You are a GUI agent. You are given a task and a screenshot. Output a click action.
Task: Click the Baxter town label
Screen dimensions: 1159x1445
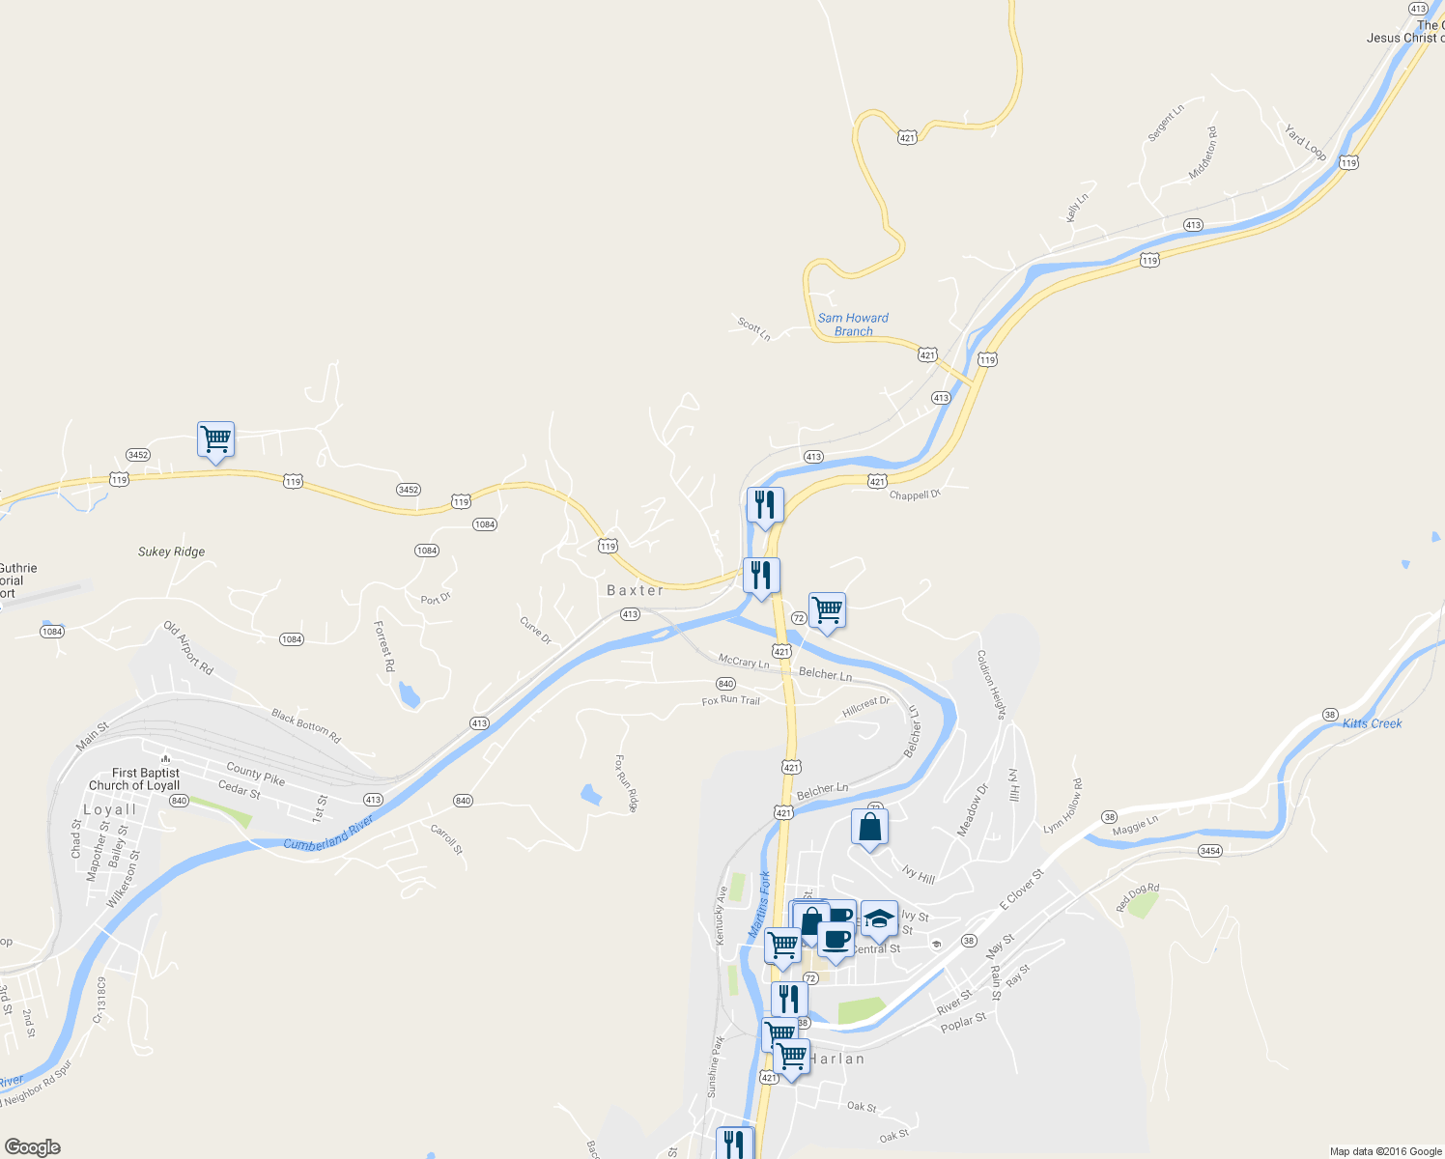click(x=635, y=590)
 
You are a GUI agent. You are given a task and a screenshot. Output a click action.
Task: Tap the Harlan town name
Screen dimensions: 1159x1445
click(x=836, y=1059)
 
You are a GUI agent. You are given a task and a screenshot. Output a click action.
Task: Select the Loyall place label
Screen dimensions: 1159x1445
click(x=109, y=809)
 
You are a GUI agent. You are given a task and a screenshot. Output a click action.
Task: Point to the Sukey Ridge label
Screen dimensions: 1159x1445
click(x=171, y=551)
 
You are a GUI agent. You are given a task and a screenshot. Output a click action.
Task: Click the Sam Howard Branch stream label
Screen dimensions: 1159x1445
click(x=853, y=325)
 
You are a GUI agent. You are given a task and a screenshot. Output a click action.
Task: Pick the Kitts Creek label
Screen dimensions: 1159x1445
click(x=1372, y=723)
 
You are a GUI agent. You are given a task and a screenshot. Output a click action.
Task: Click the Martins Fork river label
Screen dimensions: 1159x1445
click(x=760, y=905)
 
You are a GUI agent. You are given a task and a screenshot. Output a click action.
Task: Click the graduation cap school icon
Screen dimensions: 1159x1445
click(x=879, y=919)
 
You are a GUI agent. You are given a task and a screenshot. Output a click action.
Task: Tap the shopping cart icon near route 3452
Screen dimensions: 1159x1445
click(x=215, y=439)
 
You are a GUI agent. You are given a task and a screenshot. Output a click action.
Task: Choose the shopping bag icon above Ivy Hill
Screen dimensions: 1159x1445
click(x=869, y=827)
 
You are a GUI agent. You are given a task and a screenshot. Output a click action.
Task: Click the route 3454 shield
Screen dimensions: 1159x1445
click(x=1209, y=851)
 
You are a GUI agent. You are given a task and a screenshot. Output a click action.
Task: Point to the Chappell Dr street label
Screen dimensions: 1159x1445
click(x=915, y=495)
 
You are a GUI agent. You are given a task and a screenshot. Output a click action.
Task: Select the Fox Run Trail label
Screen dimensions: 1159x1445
click(x=730, y=700)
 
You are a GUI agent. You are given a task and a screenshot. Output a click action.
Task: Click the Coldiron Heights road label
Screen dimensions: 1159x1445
click(x=991, y=684)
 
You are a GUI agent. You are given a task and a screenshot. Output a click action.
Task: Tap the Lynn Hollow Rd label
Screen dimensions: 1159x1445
click(x=1063, y=806)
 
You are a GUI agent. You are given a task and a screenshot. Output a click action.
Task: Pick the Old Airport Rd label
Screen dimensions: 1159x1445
click(x=188, y=647)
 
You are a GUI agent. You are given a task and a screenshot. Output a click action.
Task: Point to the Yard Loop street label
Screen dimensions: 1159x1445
click(x=1305, y=142)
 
